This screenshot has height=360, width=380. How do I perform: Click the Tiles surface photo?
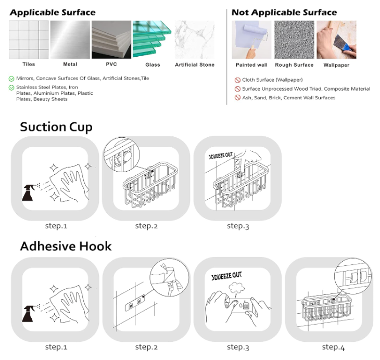tap(29, 40)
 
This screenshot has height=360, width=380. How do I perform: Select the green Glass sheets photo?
tap(152, 39)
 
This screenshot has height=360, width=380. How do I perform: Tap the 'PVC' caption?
tap(111, 64)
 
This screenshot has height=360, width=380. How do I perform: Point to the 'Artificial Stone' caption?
tap(195, 65)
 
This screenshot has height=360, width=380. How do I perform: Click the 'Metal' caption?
tap(70, 64)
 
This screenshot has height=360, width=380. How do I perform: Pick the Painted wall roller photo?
tap(251, 40)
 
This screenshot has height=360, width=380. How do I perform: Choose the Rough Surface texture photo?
tap(294, 40)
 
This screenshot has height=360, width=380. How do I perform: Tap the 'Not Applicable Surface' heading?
tap(284, 12)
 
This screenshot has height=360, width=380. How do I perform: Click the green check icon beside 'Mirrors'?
tap(11, 79)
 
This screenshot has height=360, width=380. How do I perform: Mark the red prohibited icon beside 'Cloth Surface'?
tap(237, 80)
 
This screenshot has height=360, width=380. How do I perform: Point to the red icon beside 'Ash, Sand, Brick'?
tap(237, 98)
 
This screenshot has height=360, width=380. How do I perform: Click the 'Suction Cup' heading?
tap(56, 127)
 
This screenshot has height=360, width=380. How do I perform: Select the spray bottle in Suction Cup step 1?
tap(28, 193)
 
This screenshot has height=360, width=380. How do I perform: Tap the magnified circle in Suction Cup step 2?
tap(122, 155)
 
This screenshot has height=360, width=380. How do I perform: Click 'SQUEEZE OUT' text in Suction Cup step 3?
tap(221, 156)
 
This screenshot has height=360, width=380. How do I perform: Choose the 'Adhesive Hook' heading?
tap(66, 247)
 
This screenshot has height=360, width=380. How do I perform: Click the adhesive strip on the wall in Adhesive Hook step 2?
tap(135, 303)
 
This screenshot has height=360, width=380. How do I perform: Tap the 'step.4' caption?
tap(333, 348)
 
